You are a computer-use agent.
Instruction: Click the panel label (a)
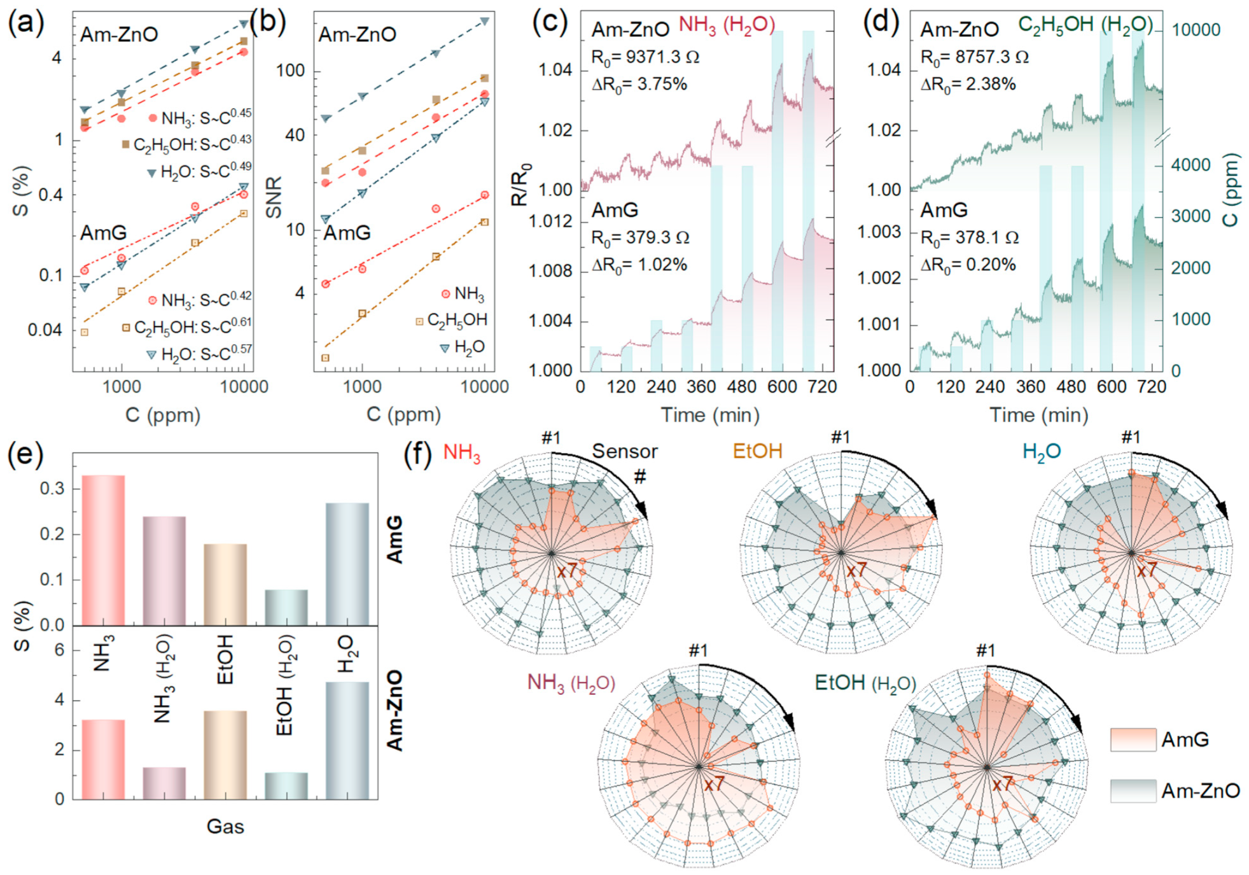coord(25,24)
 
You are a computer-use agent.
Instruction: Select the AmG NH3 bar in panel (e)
coord(103,550)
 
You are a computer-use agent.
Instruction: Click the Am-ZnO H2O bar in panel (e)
coord(347,740)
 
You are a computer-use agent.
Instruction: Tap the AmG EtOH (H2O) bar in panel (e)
coord(286,607)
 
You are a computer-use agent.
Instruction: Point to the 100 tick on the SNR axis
coord(290,71)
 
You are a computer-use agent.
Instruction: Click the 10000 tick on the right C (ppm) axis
coord(1196,30)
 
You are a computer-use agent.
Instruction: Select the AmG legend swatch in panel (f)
coord(1133,739)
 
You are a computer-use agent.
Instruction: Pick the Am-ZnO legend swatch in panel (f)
coord(1133,790)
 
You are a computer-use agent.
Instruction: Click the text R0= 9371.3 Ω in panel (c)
coord(645,57)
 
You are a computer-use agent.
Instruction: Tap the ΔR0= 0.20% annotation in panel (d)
coord(968,265)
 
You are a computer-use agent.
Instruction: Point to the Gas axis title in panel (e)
coord(225,826)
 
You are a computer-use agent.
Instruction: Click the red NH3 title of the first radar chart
coord(462,452)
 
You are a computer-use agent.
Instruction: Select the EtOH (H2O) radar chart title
coord(865,683)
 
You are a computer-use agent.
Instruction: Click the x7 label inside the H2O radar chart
coord(1147,570)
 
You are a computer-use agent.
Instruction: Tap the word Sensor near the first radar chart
coord(624,451)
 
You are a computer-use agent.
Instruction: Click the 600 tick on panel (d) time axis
coord(1111,386)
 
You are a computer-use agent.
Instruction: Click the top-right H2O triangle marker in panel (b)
coord(484,22)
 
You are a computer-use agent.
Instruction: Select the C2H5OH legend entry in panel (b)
coord(456,320)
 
